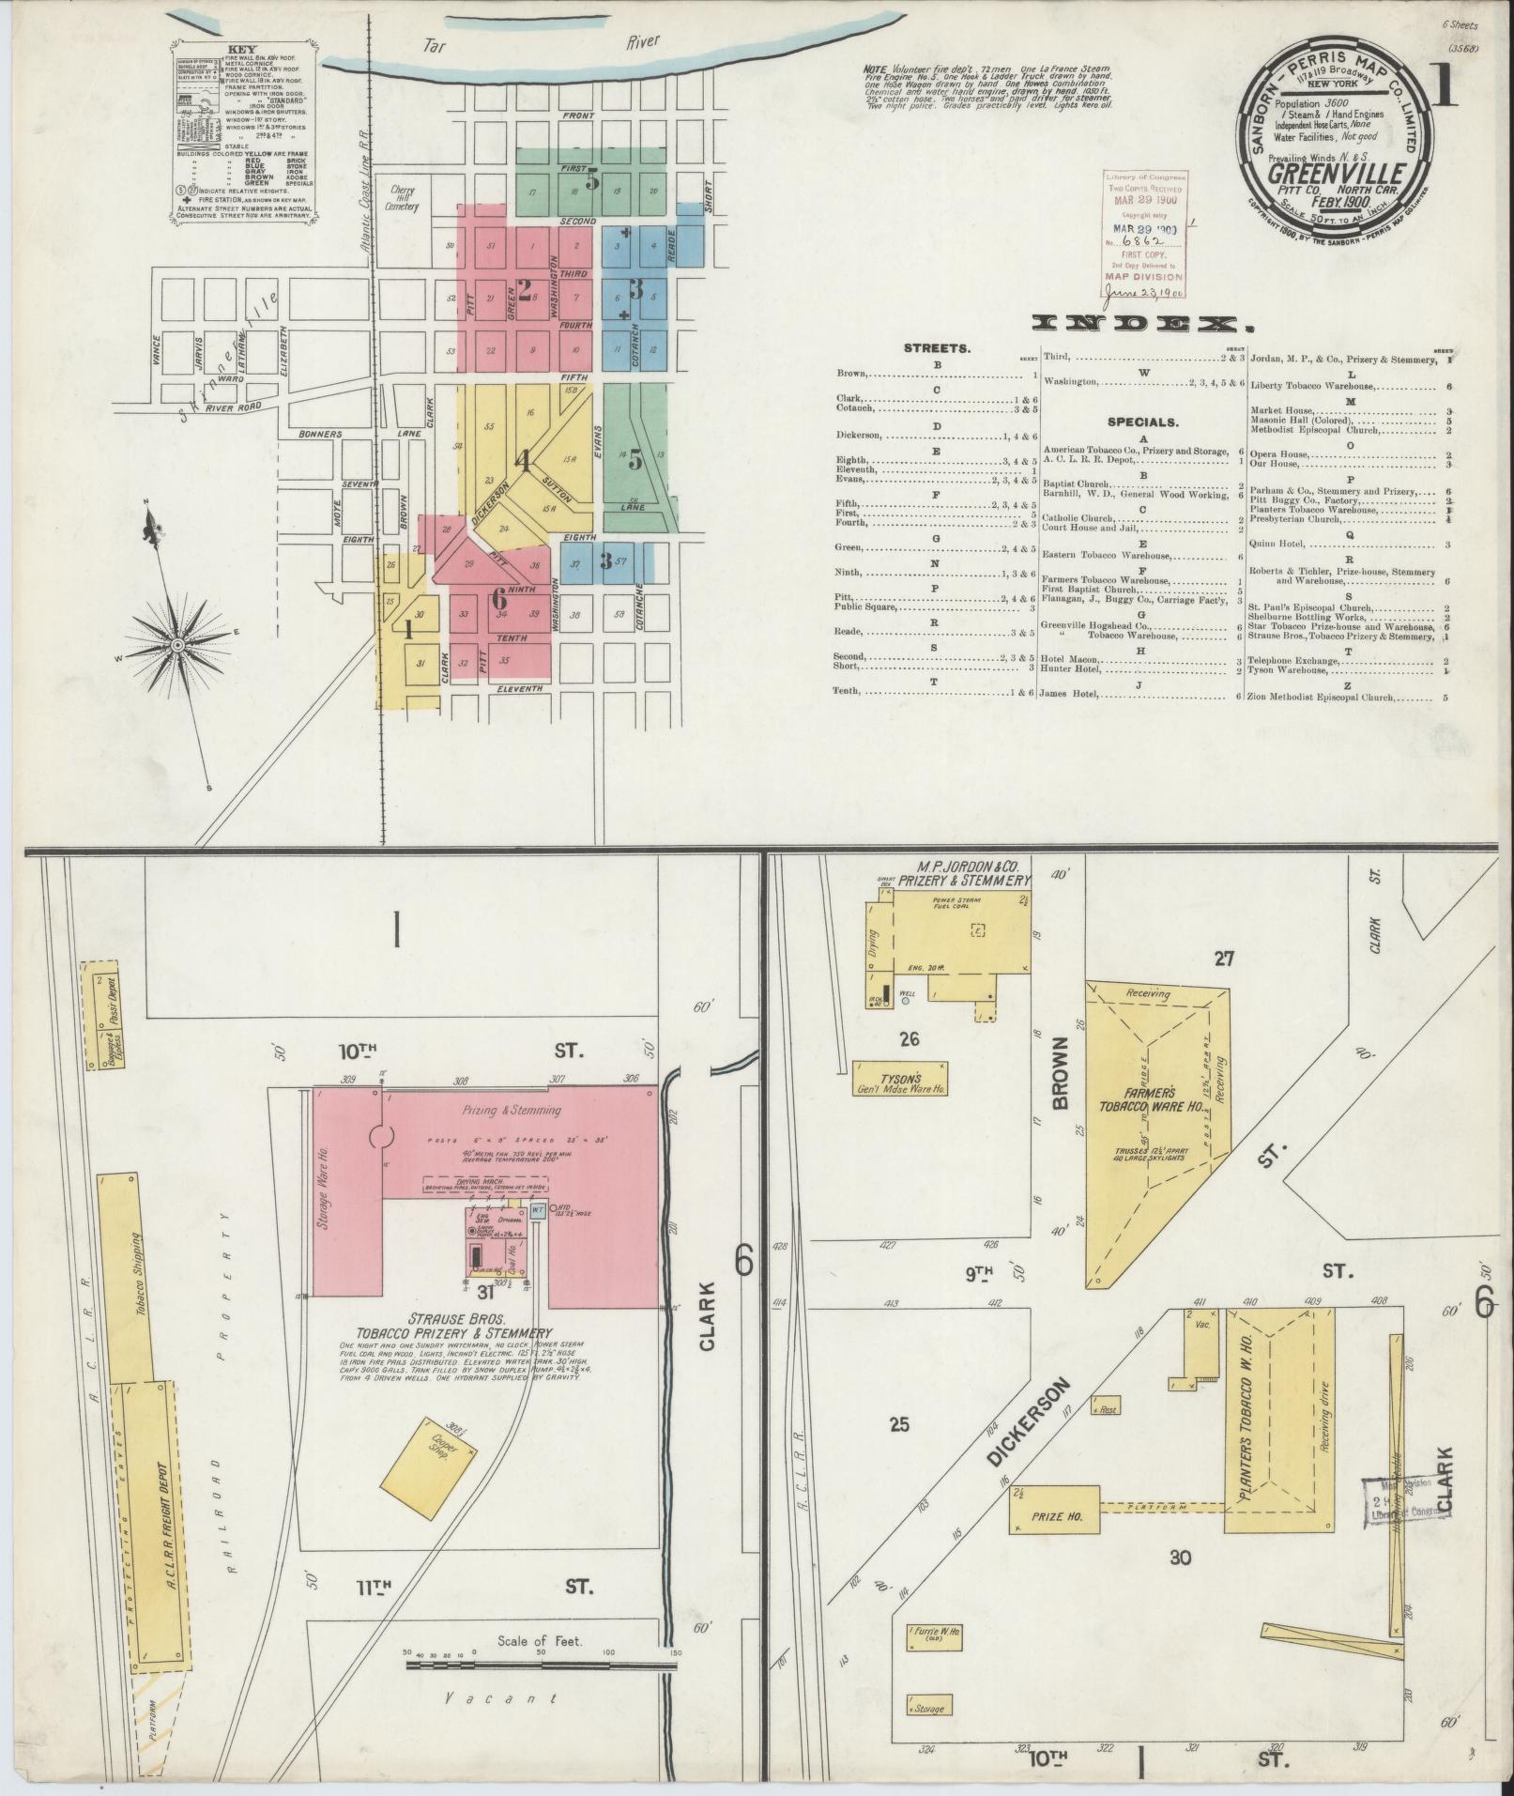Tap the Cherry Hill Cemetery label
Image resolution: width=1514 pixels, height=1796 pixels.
[404, 198]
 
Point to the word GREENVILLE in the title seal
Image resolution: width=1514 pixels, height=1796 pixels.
[1337, 176]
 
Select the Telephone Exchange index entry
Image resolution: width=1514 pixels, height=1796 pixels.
[1299, 661]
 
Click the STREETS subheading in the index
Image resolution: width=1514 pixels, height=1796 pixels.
[937, 348]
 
